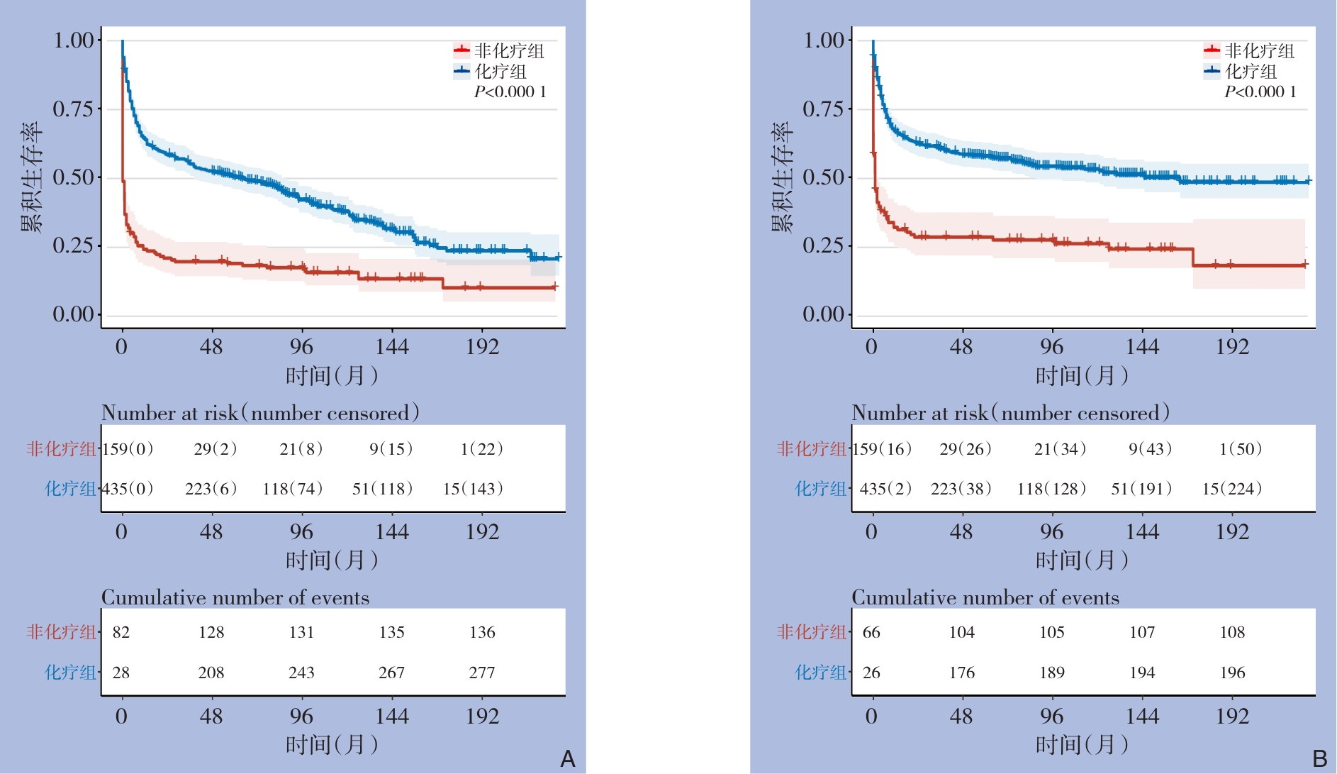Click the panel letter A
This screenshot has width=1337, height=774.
567,759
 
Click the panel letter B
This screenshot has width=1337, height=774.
1319,759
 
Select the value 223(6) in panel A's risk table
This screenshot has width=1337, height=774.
211,489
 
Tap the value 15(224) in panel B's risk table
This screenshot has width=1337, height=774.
1231,489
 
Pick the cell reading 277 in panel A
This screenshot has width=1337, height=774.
482,673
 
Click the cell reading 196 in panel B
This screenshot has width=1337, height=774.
1232,673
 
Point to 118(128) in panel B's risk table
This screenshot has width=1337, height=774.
1051,489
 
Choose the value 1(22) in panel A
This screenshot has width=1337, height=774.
481,449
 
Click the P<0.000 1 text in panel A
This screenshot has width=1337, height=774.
510,92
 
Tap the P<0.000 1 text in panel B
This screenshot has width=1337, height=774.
1260,92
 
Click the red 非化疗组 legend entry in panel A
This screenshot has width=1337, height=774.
500,50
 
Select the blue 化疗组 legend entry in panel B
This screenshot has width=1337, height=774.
1241,71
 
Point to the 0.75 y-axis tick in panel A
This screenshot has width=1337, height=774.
73,109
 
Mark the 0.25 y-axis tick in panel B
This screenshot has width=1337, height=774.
823,245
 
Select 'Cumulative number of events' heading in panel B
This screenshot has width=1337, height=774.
985,597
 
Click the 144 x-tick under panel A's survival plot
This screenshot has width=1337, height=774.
392,347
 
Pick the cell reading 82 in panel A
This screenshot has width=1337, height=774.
121,632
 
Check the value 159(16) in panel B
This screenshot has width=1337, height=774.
882,449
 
